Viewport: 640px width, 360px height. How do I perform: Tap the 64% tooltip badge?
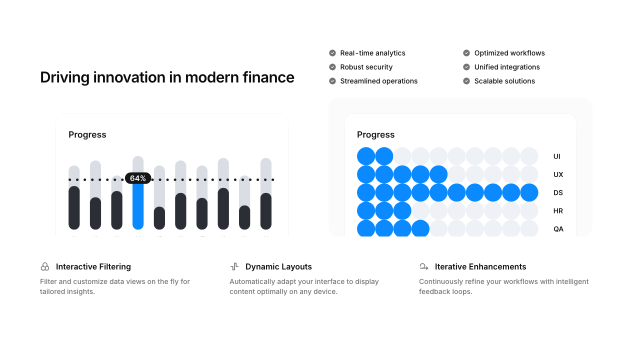138,178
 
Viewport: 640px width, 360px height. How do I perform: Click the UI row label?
556,156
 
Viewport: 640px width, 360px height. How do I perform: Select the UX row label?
558,174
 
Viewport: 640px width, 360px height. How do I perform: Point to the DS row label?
558,192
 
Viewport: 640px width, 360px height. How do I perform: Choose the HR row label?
558,211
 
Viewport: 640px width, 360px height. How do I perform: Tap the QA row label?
558,229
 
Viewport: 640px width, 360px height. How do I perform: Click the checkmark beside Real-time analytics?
332,53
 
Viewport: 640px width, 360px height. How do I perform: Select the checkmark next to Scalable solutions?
466,81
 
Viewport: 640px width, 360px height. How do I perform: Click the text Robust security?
366,67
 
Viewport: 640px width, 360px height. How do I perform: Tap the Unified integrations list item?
507,67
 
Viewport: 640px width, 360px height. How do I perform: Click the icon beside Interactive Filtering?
45,267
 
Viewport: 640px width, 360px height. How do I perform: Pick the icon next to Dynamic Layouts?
234,267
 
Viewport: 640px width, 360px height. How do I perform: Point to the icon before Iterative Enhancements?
424,267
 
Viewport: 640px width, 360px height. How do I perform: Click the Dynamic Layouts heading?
278,267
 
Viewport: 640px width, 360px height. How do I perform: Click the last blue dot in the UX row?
438,174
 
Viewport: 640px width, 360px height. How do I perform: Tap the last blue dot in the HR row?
402,211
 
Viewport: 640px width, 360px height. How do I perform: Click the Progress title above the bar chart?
87,135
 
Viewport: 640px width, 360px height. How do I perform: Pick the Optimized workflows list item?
509,53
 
